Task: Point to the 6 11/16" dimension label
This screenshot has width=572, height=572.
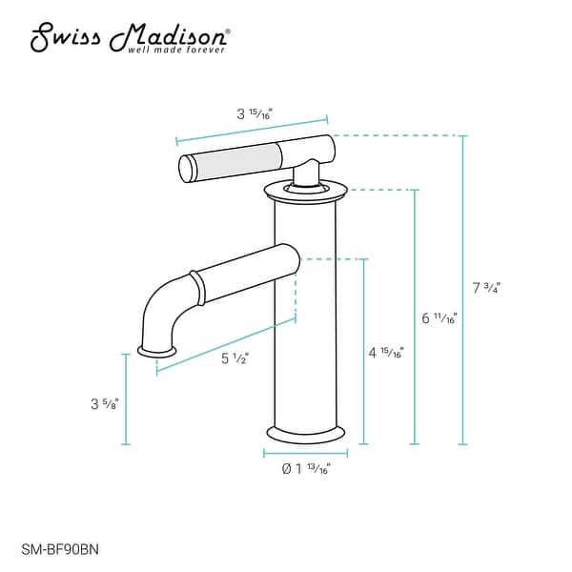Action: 439,317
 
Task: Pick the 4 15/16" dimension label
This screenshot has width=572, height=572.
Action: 386,353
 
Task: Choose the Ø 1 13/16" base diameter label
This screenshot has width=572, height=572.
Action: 305,467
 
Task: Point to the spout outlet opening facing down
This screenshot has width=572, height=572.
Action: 158,352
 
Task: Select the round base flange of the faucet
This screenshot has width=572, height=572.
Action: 305,433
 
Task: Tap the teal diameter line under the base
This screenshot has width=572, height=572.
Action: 305,451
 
